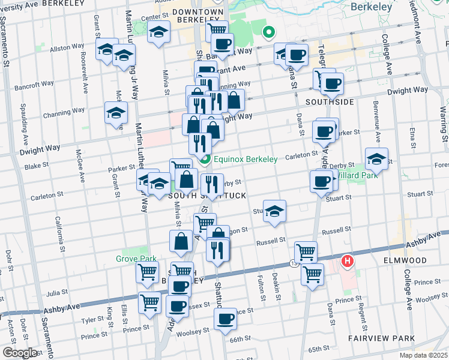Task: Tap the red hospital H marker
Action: coord(347,262)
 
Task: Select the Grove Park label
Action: coord(136,259)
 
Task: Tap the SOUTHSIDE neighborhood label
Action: coord(330,102)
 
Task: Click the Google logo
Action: coord(19,353)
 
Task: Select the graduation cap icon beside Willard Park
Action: coord(376,159)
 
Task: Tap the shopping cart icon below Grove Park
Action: coord(147,272)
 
